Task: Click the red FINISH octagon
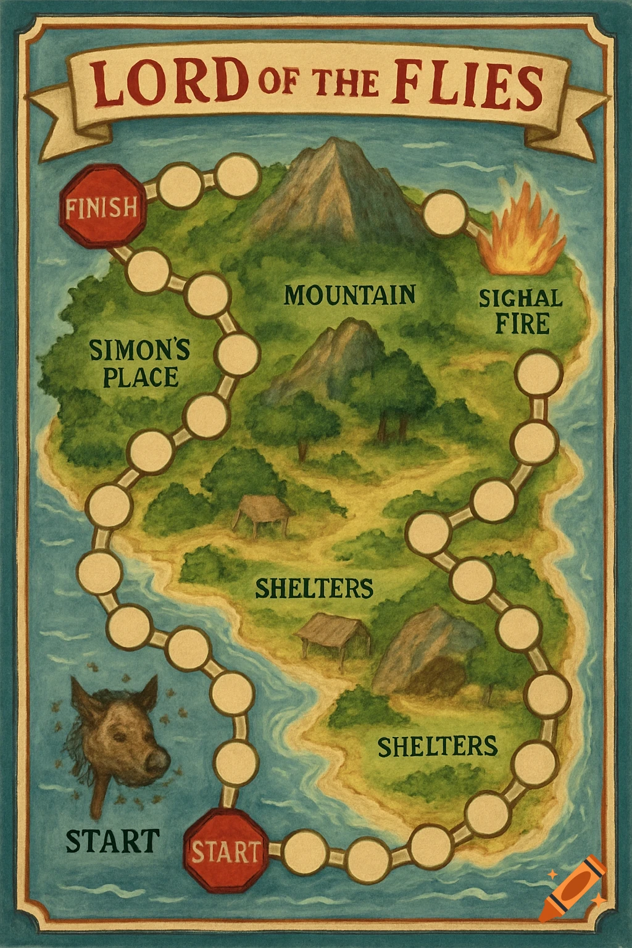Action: (x=102, y=206)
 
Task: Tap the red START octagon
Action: (x=225, y=852)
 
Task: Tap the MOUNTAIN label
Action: (x=350, y=295)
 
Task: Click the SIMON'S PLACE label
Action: (x=139, y=363)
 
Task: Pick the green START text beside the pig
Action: (x=112, y=841)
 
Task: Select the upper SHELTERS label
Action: (x=314, y=588)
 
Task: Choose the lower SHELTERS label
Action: (x=437, y=746)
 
